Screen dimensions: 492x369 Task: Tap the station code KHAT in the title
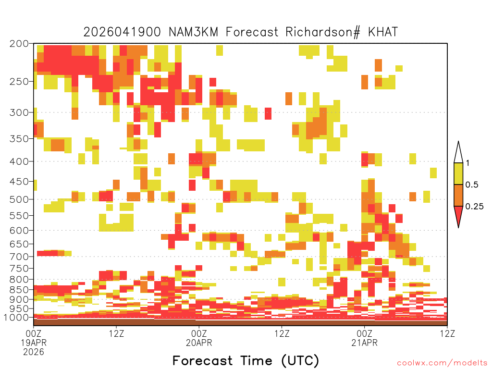click(383, 32)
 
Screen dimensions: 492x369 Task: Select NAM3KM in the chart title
click(193, 32)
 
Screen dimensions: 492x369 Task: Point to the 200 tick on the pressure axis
click(19, 44)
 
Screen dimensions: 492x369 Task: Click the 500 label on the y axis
click(19, 199)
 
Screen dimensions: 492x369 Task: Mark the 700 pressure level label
click(19, 257)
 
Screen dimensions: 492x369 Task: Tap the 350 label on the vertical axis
click(19, 139)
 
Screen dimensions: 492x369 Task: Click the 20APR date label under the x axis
click(199, 343)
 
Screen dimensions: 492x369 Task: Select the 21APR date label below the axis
click(364, 343)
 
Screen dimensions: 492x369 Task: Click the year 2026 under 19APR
click(34, 352)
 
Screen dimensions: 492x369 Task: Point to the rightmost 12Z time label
click(447, 333)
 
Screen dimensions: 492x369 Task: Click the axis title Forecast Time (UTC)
click(246, 360)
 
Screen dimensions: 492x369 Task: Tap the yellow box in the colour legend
click(458, 173)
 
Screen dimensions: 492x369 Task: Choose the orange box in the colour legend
click(458, 195)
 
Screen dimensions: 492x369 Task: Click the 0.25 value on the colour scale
click(474, 207)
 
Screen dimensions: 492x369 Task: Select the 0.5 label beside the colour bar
click(472, 185)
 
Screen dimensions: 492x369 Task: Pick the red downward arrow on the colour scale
click(458, 215)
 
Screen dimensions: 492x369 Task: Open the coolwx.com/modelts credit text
click(443, 363)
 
